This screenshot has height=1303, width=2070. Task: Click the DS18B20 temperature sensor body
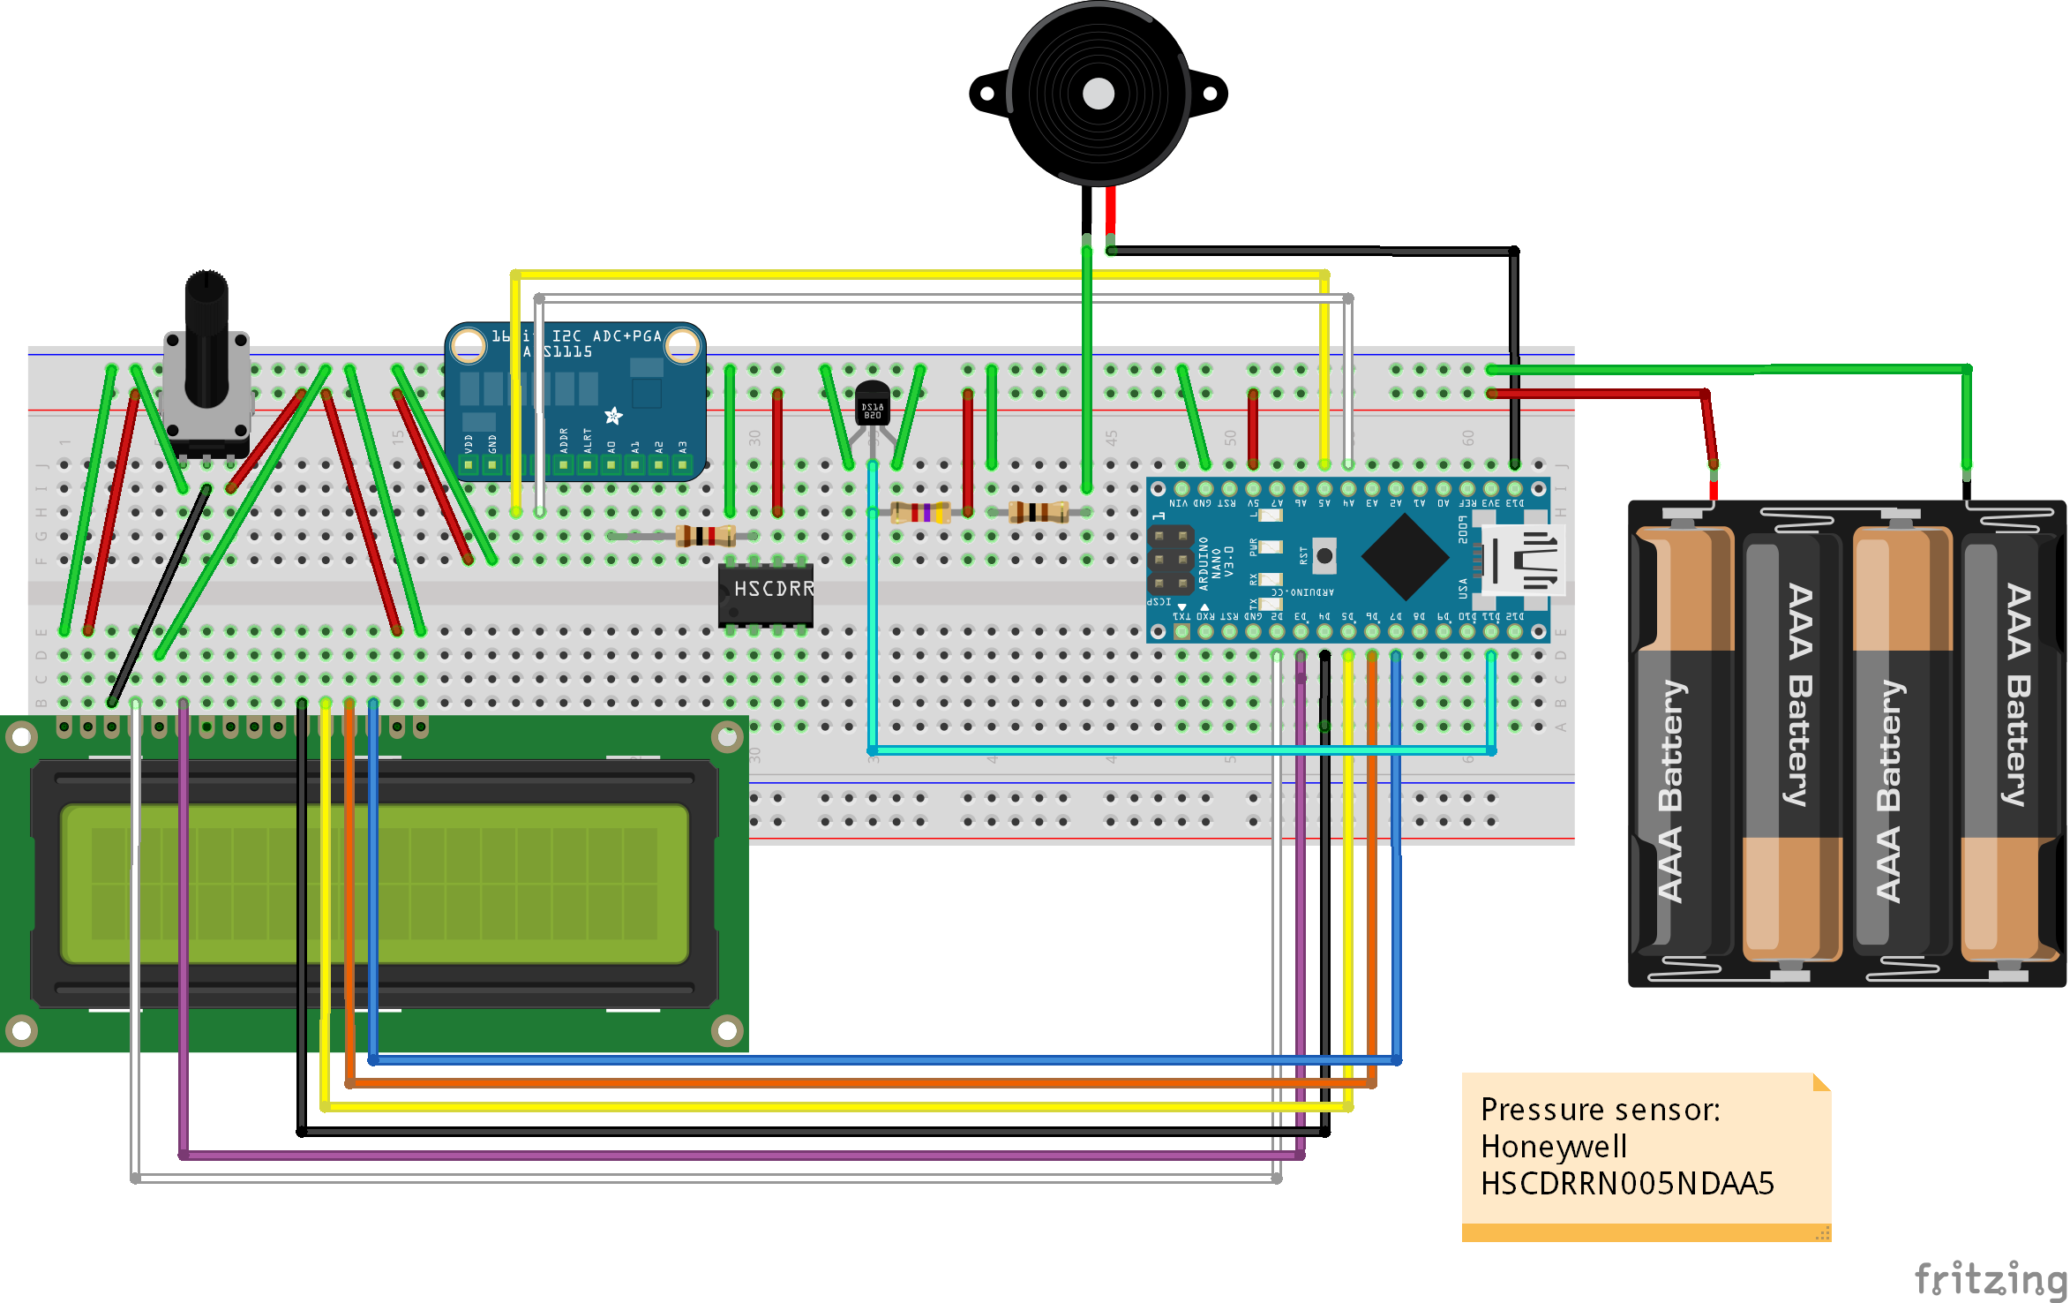[x=872, y=403]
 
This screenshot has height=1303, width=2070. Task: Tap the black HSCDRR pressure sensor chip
[x=765, y=594]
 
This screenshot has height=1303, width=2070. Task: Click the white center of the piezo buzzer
[x=1098, y=93]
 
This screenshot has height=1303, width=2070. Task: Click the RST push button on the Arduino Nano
[x=1324, y=555]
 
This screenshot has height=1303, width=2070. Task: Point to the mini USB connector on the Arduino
[x=1523, y=559]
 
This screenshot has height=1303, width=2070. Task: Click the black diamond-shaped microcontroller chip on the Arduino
[x=1405, y=557]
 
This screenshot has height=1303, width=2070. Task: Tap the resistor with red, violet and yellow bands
[x=919, y=512]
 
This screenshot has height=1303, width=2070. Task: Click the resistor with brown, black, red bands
[x=705, y=535]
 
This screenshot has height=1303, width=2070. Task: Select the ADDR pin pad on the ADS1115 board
[x=564, y=464]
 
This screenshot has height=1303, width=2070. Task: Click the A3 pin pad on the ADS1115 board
[x=682, y=464]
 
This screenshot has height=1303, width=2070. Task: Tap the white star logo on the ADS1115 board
[x=613, y=415]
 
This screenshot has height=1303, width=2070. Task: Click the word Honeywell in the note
[x=1553, y=1146]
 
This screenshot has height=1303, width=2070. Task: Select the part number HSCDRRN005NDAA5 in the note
[x=1626, y=1184]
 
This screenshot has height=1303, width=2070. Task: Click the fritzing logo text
[x=1990, y=1278]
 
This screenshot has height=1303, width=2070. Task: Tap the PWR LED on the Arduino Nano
[x=1269, y=547]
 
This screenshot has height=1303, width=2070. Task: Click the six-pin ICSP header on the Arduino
[x=1170, y=560]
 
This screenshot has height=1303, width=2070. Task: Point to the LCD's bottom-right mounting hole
[x=727, y=1029]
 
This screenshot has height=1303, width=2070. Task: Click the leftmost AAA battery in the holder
[x=1684, y=742]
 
